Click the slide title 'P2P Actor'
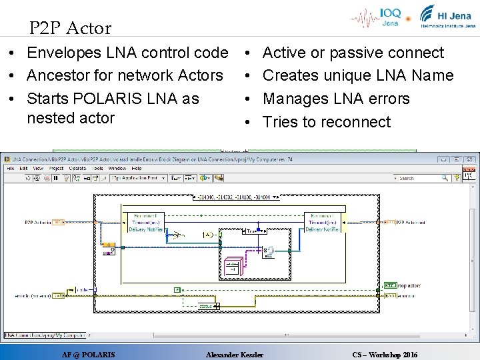(x=70, y=28)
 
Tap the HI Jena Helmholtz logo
(x=447, y=17)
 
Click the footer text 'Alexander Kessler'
(x=235, y=355)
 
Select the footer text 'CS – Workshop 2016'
(x=385, y=355)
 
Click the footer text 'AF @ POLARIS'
(x=88, y=355)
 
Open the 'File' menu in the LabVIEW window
(x=11, y=169)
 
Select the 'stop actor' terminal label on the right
(x=407, y=285)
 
